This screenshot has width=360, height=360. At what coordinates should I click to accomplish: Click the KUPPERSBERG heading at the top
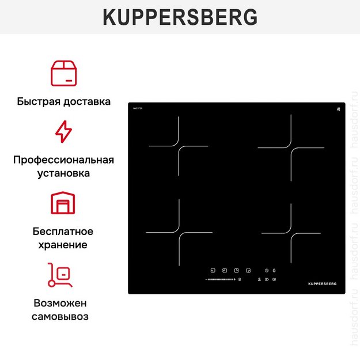[x=180, y=17]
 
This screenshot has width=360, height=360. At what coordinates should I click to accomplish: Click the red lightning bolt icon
[x=63, y=131]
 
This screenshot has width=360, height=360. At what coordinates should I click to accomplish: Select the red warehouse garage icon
[x=63, y=203]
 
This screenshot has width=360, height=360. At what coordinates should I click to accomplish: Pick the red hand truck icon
[x=60, y=275]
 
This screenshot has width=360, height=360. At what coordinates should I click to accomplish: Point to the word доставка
[x=87, y=101]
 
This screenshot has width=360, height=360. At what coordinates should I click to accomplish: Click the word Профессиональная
[x=63, y=160]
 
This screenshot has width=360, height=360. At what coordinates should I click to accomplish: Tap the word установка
[x=63, y=173]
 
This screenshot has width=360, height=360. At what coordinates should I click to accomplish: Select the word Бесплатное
[x=63, y=232]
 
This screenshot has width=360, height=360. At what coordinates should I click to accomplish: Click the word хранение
[x=63, y=245]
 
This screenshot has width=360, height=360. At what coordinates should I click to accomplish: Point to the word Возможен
[x=63, y=303]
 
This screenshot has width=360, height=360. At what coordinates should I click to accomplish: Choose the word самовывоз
[x=63, y=316]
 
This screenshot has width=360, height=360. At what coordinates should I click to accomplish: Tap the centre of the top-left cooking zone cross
[x=179, y=146]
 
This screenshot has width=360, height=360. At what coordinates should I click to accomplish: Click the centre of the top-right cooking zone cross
[x=291, y=148]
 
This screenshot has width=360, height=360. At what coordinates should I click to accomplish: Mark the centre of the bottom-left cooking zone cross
[x=179, y=233]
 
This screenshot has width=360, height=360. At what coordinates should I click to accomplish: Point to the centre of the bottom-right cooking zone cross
[x=291, y=233]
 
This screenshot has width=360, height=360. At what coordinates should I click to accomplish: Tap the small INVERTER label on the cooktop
[x=137, y=108]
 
